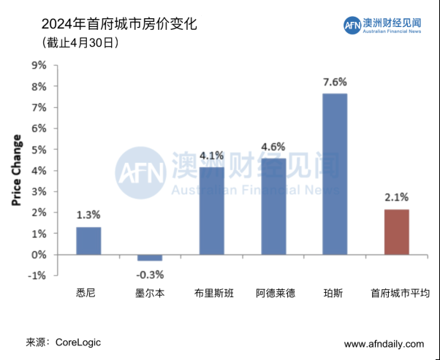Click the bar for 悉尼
[x=88, y=241]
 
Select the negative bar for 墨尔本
[x=150, y=258]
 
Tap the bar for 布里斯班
[x=212, y=210]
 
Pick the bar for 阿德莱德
[x=274, y=206]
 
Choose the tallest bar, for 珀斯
[x=335, y=174]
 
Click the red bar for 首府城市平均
[x=397, y=232]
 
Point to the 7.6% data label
[x=335, y=82]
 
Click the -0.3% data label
[x=150, y=275]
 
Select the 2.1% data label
[x=397, y=197]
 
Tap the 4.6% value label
[x=273, y=146]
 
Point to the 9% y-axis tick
[x=38, y=65]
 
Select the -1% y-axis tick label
[x=37, y=276]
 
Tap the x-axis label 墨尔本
[x=150, y=294]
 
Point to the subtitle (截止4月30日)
[x=81, y=43]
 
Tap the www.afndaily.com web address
[x=384, y=344]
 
